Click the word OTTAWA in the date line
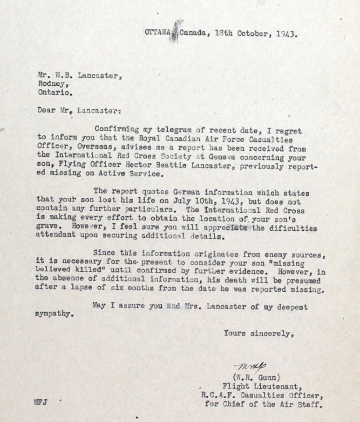tap(157, 33)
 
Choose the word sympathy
tap(54, 314)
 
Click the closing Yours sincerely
tap(258, 333)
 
